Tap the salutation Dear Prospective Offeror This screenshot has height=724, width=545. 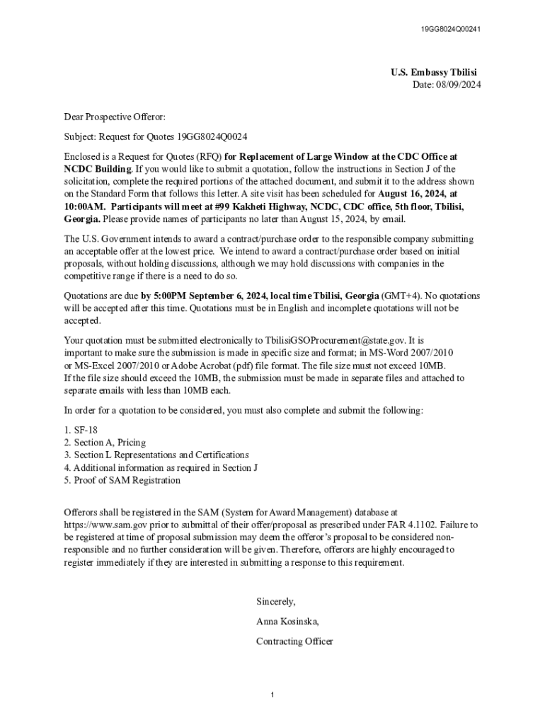114,117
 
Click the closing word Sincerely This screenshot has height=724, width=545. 275,602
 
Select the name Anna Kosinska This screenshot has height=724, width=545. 287,621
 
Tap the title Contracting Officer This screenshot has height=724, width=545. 294,641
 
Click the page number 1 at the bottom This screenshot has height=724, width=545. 272,696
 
